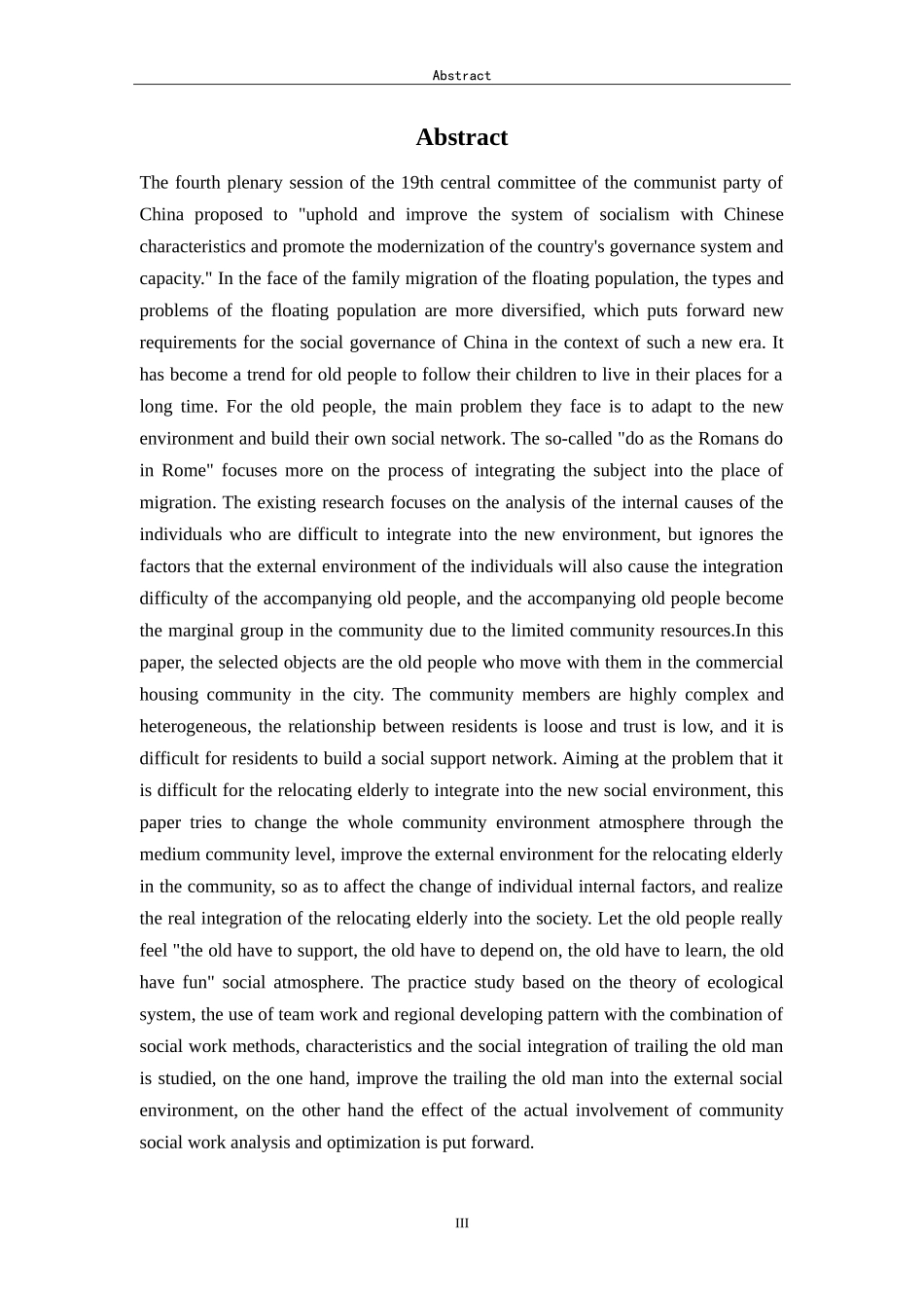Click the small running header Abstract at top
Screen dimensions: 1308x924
point(461,75)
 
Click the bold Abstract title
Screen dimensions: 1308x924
point(461,137)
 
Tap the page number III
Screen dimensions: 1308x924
point(461,1223)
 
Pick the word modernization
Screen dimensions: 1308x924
point(384,247)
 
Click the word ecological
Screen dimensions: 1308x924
point(741,983)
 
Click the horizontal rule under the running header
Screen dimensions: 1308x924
point(461,85)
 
